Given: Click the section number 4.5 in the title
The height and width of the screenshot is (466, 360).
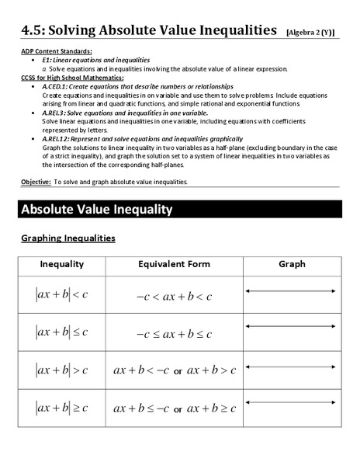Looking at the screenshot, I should click(33, 30).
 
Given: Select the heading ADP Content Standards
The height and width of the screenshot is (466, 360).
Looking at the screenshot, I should click(52, 50).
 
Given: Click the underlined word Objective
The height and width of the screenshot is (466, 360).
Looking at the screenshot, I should click(36, 182).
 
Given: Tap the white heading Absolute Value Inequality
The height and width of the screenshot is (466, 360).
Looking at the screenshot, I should click(96, 210).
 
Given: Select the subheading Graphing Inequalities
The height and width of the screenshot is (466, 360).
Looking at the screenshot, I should click(68, 238).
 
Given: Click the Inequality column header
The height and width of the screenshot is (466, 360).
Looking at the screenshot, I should click(62, 264).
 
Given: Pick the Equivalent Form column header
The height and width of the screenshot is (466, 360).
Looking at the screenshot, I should click(174, 264).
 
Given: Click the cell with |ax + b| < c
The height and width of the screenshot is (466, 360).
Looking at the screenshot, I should click(62, 295).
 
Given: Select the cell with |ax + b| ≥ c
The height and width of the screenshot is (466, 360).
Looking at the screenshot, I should click(62, 406).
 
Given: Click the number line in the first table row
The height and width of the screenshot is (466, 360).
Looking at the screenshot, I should click(292, 291).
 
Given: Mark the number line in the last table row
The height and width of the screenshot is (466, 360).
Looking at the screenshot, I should click(292, 402).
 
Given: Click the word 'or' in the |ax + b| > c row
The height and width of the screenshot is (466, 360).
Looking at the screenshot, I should click(178, 371).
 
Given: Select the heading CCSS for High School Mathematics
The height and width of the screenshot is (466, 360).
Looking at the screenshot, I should click(71, 78).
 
